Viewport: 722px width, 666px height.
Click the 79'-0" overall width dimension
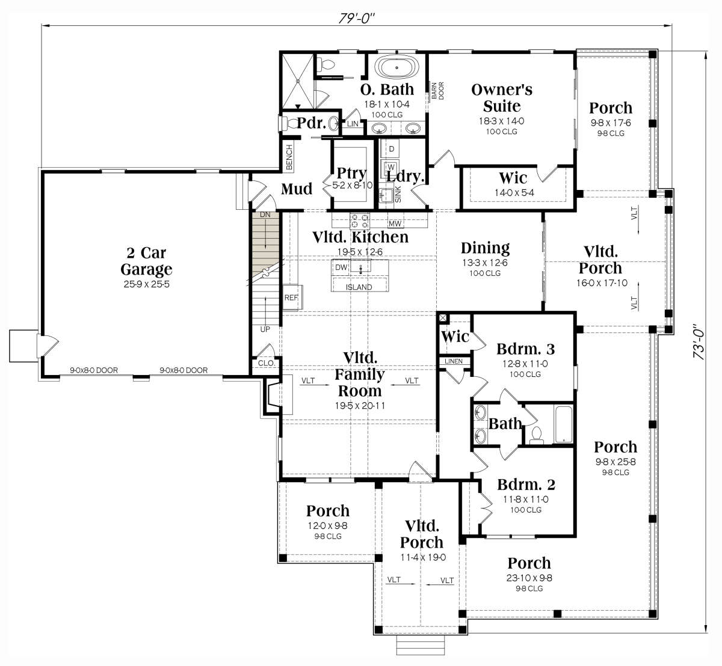(x=356, y=18)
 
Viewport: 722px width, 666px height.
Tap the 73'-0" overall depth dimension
(x=699, y=341)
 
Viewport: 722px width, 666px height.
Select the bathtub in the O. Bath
(x=397, y=67)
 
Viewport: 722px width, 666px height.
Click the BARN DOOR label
(x=437, y=91)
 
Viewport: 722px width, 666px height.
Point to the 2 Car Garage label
(x=146, y=261)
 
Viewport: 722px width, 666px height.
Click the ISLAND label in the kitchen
(x=359, y=287)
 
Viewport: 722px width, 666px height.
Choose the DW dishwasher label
(x=341, y=267)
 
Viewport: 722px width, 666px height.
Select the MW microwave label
(x=395, y=224)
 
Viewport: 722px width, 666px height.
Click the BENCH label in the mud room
(x=289, y=157)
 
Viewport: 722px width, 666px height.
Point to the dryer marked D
(x=392, y=148)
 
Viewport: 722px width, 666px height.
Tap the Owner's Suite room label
(x=502, y=98)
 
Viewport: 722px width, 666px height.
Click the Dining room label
(x=485, y=248)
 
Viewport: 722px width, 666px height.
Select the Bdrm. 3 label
(x=525, y=349)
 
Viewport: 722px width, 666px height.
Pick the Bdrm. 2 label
(x=526, y=484)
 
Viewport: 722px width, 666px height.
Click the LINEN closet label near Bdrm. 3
(x=454, y=361)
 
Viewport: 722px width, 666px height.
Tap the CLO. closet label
(x=267, y=363)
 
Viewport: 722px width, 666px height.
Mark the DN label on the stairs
(x=265, y=215)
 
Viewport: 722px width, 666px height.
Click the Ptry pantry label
(x=351, y=174)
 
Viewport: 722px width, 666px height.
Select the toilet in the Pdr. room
(x=289, y=123)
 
